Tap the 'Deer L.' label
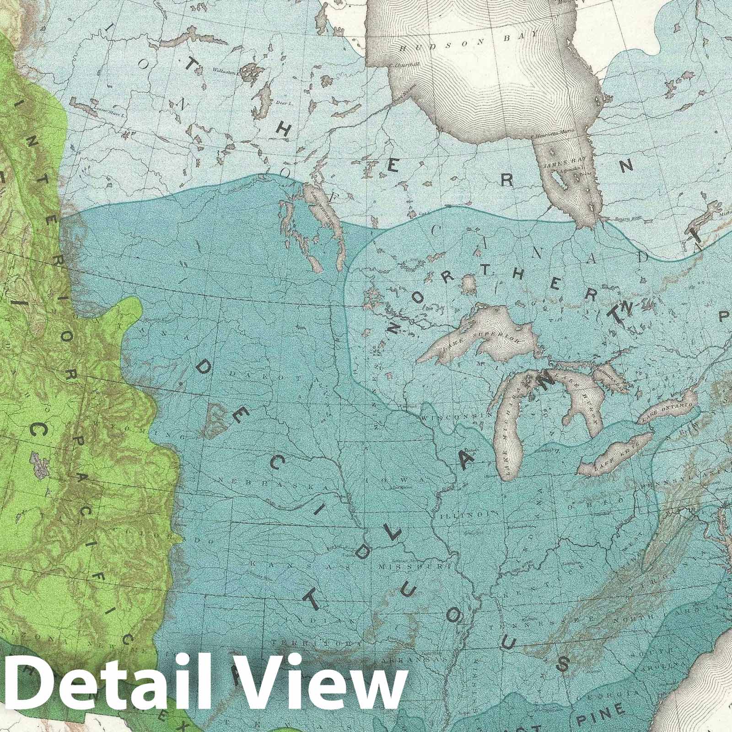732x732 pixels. click(284, 104)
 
